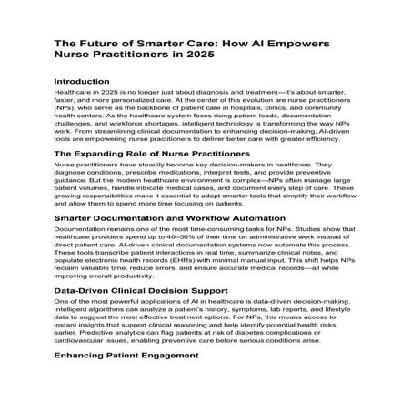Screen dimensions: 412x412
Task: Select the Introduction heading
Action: (x=88, y=80)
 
